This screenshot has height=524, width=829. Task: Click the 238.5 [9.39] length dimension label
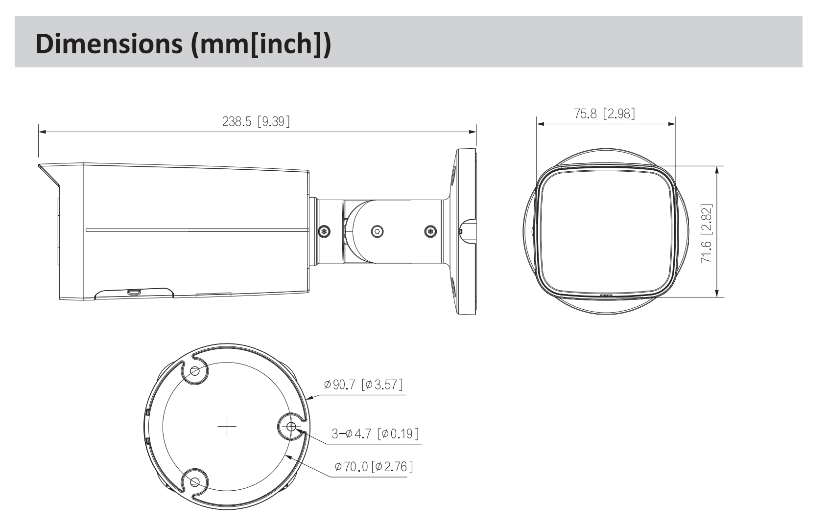pyautogui.click(x=256, y=121)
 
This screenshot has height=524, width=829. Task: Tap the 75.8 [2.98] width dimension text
pyautogui.click(x=604, y=113)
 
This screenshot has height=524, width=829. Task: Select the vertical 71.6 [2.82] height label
pyautogui.click(x=707, y=233)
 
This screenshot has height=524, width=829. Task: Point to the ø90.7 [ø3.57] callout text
pyautogui.click(x=363, y=385)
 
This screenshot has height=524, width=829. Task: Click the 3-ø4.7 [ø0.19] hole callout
pyautogui.click(x=375, y=433)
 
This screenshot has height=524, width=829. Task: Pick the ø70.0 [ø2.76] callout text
pyautogui.click(x=374, y=467)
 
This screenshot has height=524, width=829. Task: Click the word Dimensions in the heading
pyautogui.click(x=109, y=43)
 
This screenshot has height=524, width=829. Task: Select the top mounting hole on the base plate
pyautogui.click(x=195, y=370)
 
